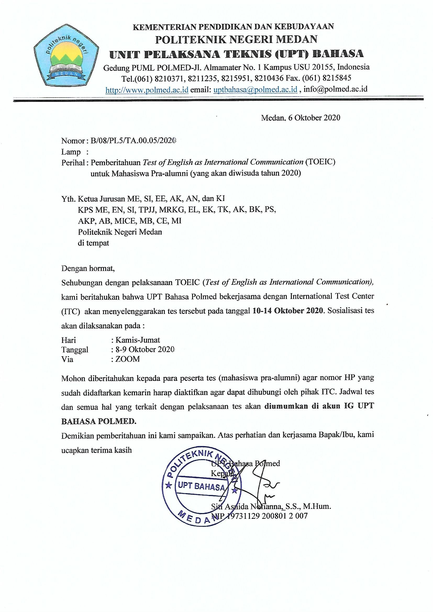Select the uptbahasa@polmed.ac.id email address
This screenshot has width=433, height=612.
click(x=256, y=90)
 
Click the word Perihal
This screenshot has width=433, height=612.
click(x=73, y=162)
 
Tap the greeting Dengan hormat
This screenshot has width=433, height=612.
click(x=88, y=268)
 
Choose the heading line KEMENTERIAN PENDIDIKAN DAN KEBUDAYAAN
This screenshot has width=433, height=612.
click(x=233, y=27)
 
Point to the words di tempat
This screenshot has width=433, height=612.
click(x=93, y=243)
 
